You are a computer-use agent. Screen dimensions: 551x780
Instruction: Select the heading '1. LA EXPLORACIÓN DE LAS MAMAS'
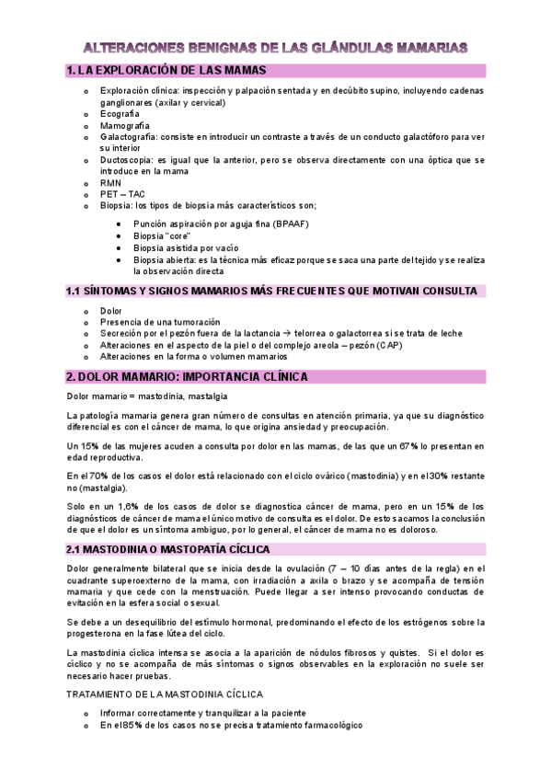pos(166,71)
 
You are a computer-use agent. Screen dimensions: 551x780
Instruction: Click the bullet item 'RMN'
pos(110,182)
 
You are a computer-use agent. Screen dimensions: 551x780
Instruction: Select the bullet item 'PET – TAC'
pos(122,194)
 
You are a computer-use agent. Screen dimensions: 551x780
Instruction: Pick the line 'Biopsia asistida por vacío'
pos(186,247)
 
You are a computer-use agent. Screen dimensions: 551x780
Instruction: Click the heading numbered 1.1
pos(271,292)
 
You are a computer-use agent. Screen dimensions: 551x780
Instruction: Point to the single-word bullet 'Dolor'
pos(112,311)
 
